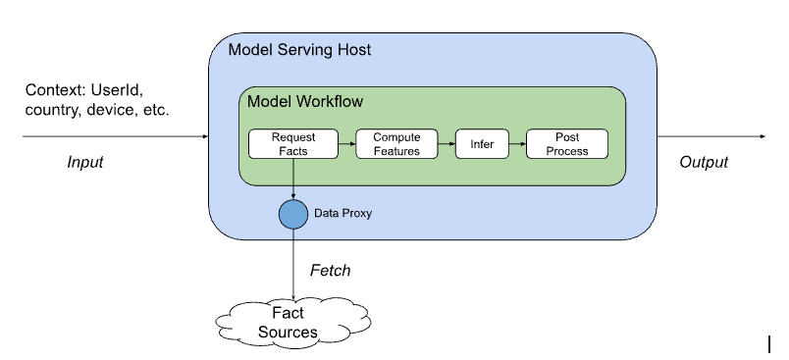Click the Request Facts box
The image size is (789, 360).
293,144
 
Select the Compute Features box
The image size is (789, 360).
397,144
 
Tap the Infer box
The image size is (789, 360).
482,144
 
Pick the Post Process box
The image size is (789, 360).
567,144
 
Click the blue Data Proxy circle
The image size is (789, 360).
293,214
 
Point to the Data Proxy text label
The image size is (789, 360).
342,213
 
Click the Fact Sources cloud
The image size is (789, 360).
292,323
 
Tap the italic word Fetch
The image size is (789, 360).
330,271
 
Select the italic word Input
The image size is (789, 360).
85,162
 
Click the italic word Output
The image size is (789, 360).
704,162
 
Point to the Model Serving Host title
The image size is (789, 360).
300,50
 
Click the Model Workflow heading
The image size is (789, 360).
305,101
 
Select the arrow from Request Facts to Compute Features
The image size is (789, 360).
347,144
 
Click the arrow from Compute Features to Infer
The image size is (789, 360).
447,144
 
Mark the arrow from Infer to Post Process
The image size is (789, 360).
518,144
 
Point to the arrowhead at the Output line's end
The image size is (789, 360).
763,136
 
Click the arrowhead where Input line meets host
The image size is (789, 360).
205,136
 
